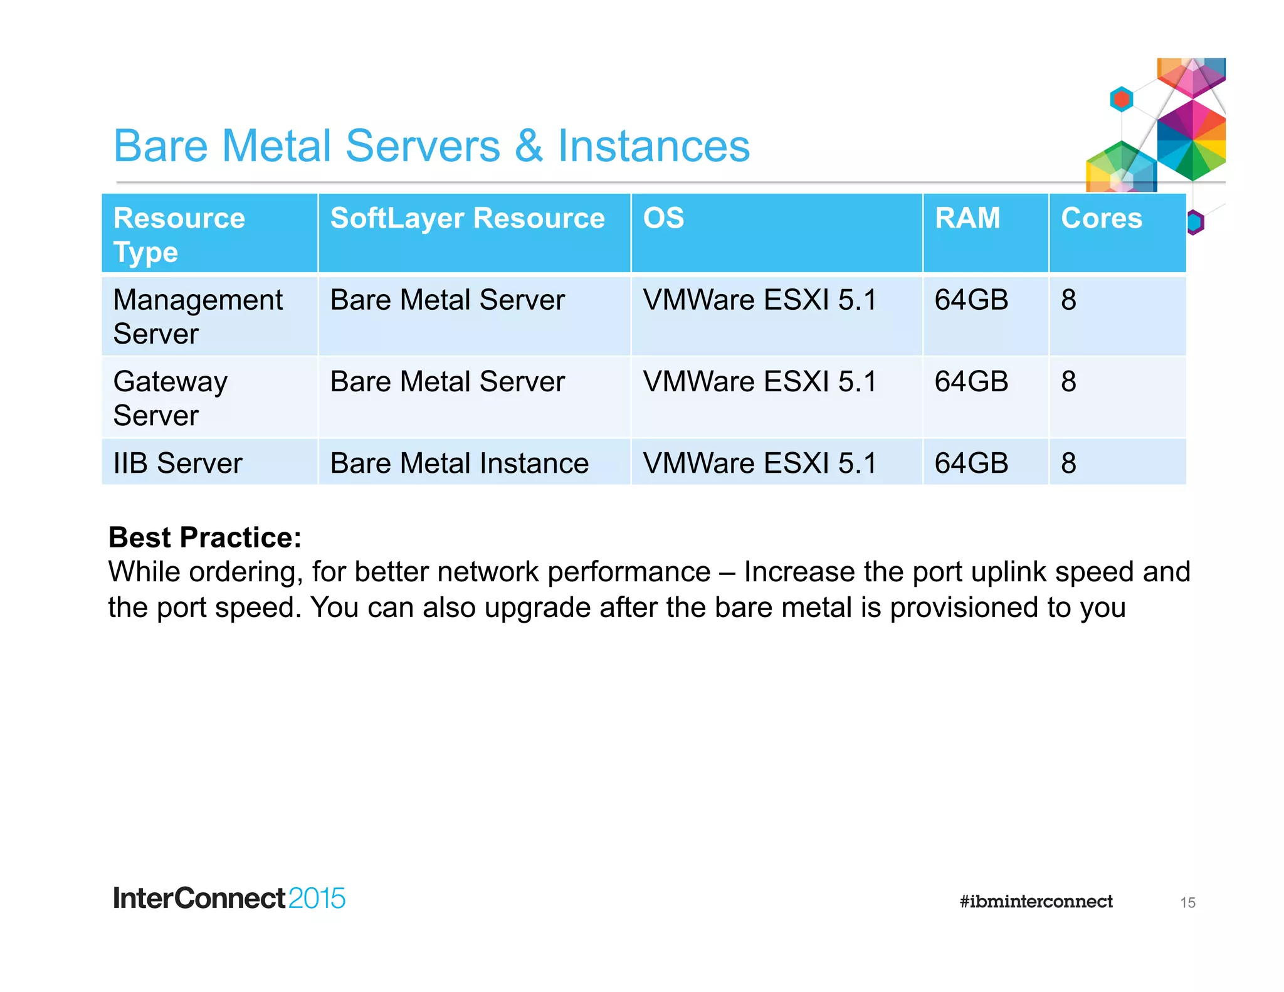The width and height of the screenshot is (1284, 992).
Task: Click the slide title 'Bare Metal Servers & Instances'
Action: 431,145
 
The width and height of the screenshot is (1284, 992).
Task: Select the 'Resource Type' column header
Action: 179,235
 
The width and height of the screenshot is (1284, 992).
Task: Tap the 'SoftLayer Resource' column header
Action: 467,218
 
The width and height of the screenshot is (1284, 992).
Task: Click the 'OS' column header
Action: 663,218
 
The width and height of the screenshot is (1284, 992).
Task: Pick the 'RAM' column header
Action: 967,218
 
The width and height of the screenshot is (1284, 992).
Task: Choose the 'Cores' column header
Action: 1101,218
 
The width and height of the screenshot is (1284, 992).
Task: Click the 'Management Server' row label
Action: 197,316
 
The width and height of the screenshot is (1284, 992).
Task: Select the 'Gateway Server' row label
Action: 170,398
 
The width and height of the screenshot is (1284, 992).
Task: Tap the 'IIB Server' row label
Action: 177,463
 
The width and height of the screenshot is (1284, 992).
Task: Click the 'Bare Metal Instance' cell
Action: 459,463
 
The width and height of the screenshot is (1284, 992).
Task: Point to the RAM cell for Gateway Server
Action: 971,381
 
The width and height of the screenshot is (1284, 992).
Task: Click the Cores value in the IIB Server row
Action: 1068,463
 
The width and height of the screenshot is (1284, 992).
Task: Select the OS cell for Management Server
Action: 759,300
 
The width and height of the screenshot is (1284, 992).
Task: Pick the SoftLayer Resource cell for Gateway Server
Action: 447,381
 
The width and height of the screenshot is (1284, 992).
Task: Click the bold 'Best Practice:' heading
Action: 205,537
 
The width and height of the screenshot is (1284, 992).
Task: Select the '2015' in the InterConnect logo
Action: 317,899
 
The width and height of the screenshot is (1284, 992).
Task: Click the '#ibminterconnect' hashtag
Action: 1036,902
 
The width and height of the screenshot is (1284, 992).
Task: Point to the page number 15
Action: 1187,903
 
